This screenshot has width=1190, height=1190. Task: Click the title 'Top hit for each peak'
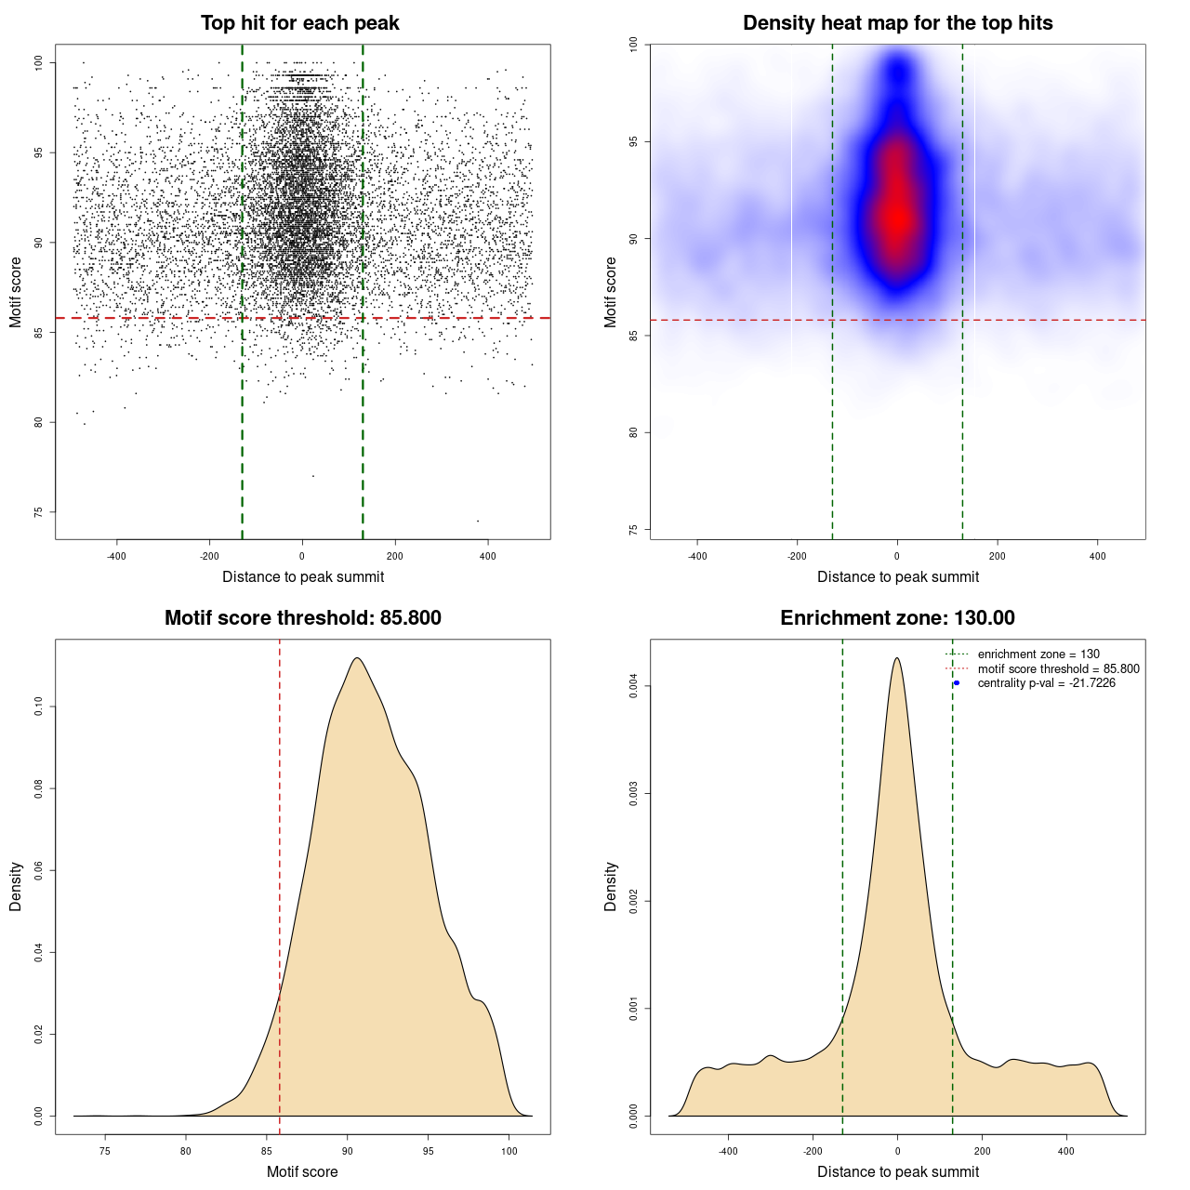coord(299,23)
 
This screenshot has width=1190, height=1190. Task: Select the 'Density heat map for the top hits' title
coord(897,23)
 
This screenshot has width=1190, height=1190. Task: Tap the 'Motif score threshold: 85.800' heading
coord(302,618)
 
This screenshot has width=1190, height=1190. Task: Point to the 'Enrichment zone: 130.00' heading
coord(897,618)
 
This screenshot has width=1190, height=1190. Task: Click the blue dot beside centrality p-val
coord(957,683)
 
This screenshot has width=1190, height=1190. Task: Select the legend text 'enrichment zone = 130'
coord(1038,654)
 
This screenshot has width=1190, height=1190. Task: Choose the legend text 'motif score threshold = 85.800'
coord(1058,669)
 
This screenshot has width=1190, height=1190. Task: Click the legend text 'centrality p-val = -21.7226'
coord(1046,683)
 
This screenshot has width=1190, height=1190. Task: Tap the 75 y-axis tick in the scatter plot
coord(39,512)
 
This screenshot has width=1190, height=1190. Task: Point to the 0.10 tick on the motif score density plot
coord(39,707)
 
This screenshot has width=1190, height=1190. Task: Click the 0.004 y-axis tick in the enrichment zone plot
coord(634,687)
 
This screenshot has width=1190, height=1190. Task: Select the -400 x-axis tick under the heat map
coord(697,557)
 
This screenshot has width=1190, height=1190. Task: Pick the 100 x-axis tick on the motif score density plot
coord(509,1152)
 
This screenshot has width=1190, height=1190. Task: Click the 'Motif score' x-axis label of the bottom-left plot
coord(302,1171)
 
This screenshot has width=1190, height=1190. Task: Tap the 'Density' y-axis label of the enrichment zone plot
coord(611,886)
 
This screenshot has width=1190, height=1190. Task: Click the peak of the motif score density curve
coord(356,658)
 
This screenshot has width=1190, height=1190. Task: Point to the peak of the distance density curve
coord(897,658)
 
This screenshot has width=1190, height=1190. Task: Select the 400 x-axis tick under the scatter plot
coord(487,557)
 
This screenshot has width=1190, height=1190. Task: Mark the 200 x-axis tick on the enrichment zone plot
coord(982,1151)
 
